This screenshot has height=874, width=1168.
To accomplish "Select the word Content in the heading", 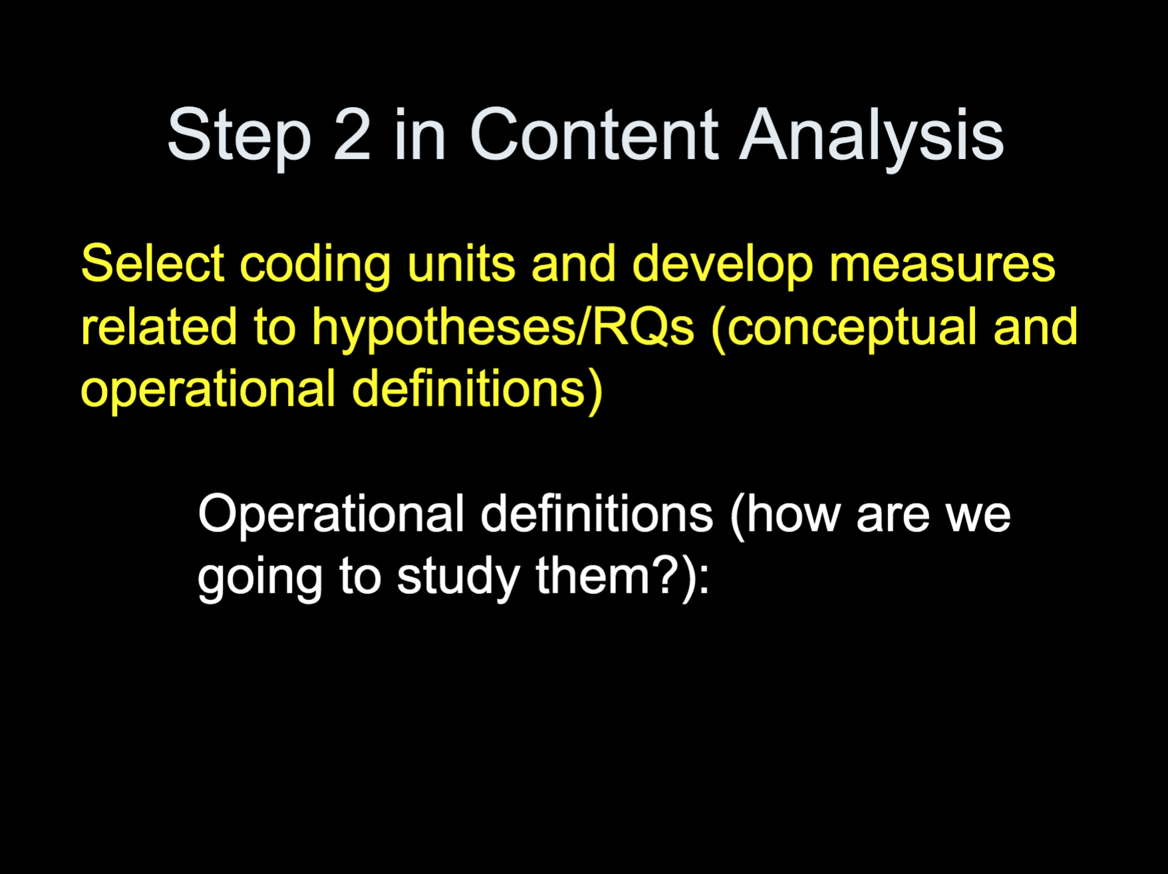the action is [x=595, y=134].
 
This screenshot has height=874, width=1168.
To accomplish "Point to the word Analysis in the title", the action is [x=872, y=138].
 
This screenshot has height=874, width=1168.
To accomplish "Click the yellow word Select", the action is [x=152, y=263].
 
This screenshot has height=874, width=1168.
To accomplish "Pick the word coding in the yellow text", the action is [x=315, y=267].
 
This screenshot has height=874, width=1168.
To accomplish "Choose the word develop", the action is [x=722, y=267].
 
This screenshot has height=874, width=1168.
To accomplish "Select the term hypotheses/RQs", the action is [x=504, y=329].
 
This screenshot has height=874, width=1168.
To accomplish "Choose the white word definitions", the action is [x=597, y=513].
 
